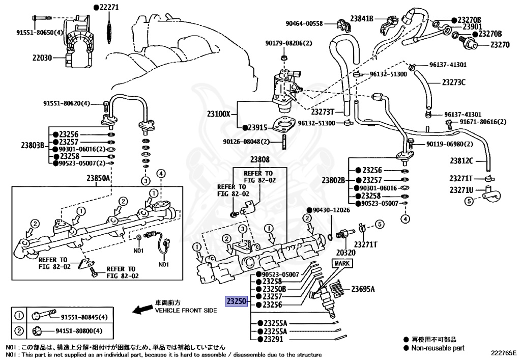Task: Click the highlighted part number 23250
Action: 237,301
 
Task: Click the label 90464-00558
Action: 304,23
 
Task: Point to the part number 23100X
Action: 220,115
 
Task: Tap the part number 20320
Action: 346,252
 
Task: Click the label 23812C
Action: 461,161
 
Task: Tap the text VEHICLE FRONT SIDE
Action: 186,310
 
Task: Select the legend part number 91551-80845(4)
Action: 84,317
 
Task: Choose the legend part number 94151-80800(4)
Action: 84,331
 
